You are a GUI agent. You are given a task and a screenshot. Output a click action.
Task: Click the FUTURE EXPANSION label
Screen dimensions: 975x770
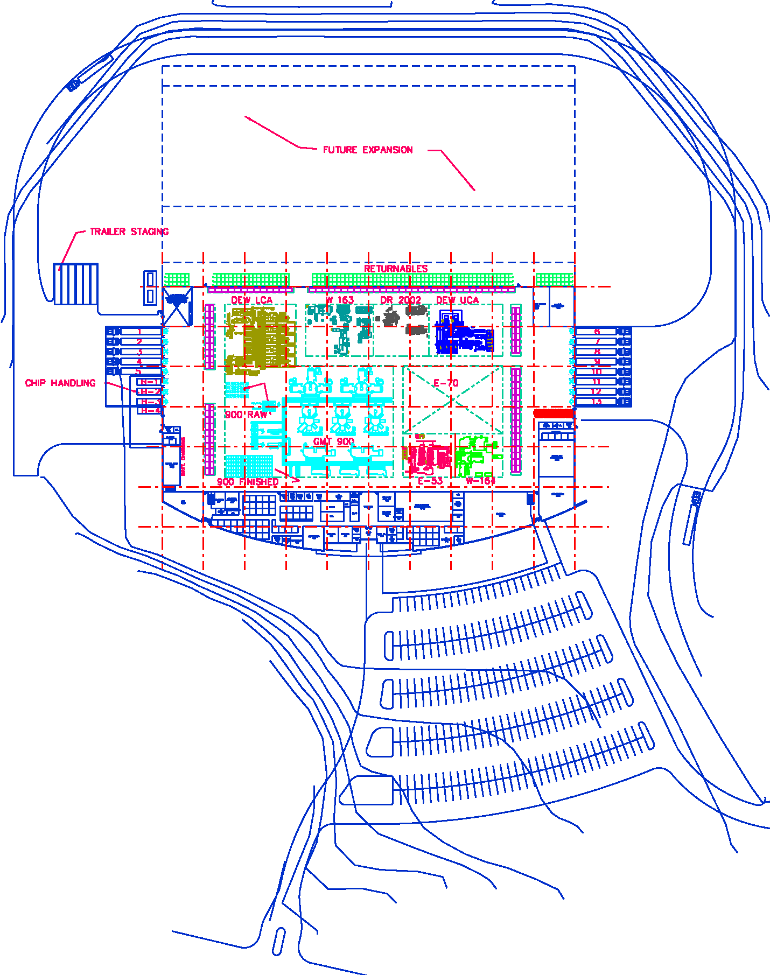click(x=368, y=150)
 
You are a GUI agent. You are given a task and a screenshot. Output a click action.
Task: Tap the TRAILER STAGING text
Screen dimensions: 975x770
click(x=129, y=232)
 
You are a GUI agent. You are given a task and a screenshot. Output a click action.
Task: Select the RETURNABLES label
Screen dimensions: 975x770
click(x=396, y=269)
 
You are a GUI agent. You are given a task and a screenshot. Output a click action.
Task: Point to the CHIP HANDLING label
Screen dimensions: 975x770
click(x=60, y=383)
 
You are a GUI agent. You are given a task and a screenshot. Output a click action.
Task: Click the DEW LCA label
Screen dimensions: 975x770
click(x=251, y=300)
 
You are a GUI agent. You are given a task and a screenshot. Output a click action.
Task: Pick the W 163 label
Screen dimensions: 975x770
click(x=339, y=300)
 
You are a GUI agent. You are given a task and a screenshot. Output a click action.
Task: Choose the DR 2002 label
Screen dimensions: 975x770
click(x=401, y=300)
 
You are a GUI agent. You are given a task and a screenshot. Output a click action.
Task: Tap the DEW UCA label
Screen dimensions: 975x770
click(x=457, y=300)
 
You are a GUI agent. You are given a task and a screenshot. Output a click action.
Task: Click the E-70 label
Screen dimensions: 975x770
click(x=446, y=383)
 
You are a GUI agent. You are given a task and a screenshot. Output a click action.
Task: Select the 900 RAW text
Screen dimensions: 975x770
click(x=246, y=415)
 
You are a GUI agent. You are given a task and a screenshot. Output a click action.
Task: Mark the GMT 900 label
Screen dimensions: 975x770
click(x=334, y=441)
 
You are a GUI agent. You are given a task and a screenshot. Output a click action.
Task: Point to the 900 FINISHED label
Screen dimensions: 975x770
click(x=248, y=482)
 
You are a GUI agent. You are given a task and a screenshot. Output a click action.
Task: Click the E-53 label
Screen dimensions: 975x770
click(x=430, y=481)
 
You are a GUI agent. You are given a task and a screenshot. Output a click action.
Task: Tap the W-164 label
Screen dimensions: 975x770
click(x=480, y=481)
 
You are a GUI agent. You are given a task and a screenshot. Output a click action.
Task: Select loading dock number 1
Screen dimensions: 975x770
click(x=139, y=332)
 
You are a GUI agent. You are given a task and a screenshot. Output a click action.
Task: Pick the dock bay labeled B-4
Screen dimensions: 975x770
click(x=150, y=411)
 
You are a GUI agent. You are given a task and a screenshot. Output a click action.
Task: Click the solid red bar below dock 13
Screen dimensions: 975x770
click(x=554, y=413)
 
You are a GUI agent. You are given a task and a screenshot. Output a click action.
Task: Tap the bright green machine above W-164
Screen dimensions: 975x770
click(x=474, y=455)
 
